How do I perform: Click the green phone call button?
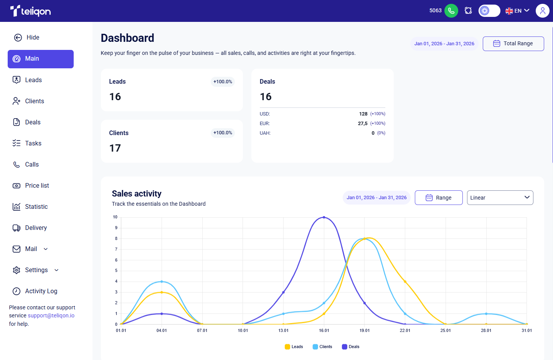click(x=451, y=11)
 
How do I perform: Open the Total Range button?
click(x=513, y=44)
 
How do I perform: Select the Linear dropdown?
click(x=500, y=198)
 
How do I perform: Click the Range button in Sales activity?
click(x=439, y=198)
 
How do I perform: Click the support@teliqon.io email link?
click(x=51, y=315)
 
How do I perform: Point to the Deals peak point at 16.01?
click(x=324, y=217)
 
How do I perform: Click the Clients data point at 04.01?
click(x=162, y=281)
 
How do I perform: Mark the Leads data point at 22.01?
click(x=405, y=281)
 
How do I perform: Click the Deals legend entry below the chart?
click(x=350, y=347)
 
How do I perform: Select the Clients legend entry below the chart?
click(x=322, y=347)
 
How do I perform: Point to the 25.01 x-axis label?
click(x=446, y=330)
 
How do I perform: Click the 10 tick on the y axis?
click(x=115, y=217)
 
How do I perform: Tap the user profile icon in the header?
click(x=542, y=11)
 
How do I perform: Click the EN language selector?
click(x=517, y=11)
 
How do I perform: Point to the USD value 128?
click(x=363, y=114)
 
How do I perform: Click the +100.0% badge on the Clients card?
click(x=223, y=133)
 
